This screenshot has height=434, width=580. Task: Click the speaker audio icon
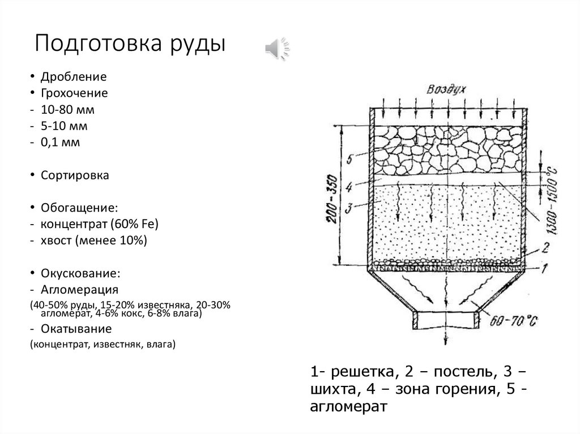[x=277, y=49]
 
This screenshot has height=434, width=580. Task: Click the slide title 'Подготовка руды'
[x=130, y=44]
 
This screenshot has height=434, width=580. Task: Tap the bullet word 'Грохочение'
[x=74, y=93]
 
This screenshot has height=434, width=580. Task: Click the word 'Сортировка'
[x=74, y=175]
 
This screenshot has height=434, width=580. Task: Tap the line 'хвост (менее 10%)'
[x=93, y=241]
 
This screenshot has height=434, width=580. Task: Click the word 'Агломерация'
[x=79, y=290]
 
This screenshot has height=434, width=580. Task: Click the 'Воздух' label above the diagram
[x=447, y=91]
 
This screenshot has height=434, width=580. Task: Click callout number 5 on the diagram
[x=349, y=160]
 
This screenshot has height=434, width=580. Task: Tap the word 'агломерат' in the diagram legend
[x=348, y=406]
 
